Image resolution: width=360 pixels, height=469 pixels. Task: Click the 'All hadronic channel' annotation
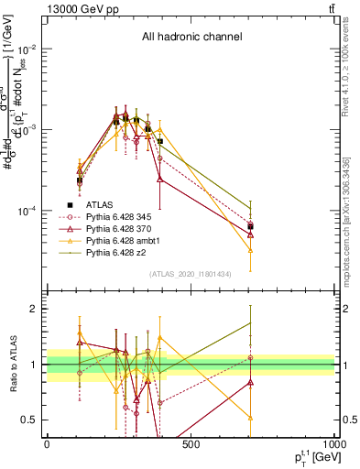[191, 38]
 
